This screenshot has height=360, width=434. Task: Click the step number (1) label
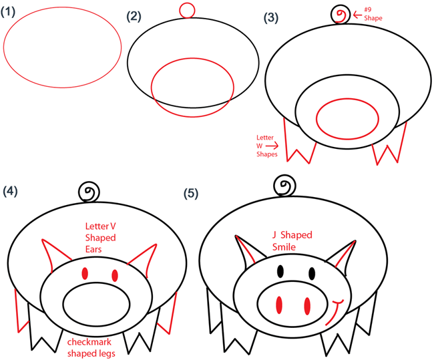pyautogui.click(x=8, y=12)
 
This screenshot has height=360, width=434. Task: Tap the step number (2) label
pyautogui.click(x=134, y=17)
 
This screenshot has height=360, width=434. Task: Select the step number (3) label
pyautogui.click(x=270, y=18)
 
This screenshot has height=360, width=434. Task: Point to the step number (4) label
pyautogui.click(x=10, y=191)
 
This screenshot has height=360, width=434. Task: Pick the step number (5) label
pyautogui.click(x=191, y=193)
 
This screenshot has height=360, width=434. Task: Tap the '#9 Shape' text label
pyautogui.click(x=373, y=14)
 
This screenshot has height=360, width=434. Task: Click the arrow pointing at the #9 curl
pyautogui.click(x=357, y=15)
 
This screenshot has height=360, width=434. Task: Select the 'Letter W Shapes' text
pyautogui.click(x=265, y=146)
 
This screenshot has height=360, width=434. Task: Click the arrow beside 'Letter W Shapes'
pyautogui.click(x=272, y=146)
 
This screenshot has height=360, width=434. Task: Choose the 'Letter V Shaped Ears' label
pyautogui.click(x=100, y=238)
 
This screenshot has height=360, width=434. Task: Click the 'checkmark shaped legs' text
pyautogui.click(x=91, y=347)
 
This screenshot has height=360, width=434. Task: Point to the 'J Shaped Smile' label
pyautogui.click(x=292, y=240)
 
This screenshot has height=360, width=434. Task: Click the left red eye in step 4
pyautogui.click(x=85, y=274)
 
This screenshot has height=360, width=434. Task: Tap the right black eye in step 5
pyautogui.click(x=312, y=273)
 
